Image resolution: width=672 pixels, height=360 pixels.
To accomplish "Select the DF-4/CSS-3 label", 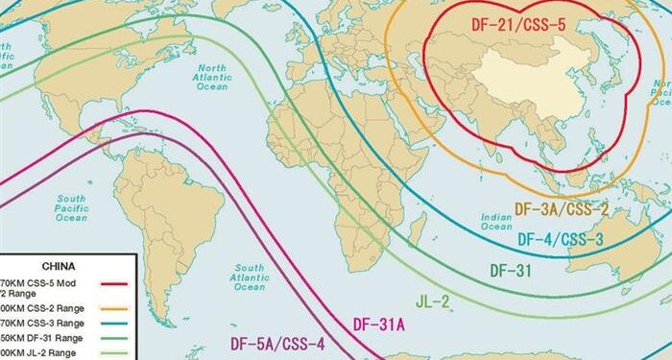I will point(561,238).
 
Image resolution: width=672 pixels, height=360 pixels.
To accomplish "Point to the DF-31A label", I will point(378,324).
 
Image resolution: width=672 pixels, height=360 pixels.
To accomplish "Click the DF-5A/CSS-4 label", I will point(276,343).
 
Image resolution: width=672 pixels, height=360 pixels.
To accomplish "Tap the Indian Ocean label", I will point(496,222).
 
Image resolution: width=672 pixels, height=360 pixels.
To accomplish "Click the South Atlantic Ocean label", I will point(250,276).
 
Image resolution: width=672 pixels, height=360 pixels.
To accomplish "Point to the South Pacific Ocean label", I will point(70,208).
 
